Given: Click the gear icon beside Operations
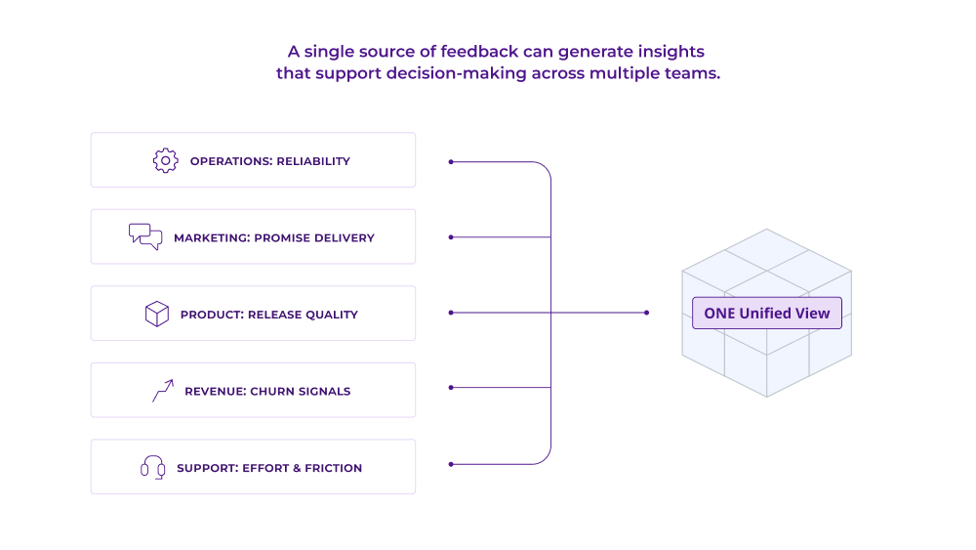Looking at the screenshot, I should click(x=165, y=160).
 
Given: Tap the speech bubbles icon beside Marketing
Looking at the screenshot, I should click(x=144, y=236).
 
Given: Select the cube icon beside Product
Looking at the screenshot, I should click(x=156, y=314).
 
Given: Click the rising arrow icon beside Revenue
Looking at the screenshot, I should click(x=162, y=391).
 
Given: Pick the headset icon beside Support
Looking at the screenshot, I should click(x=152, y=467).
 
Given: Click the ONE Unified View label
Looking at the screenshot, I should click(x=766, y=313).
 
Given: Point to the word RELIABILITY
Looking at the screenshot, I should click(x=312, y=161).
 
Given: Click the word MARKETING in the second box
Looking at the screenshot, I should click(x=209, y=237).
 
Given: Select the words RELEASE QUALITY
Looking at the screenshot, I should click(x=303, y=315).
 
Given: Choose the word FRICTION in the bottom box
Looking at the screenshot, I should click(x=333, y=468).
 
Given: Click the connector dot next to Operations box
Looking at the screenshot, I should click(x=450, y=161).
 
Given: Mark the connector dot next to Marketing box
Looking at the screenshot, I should click(x=450, y=236).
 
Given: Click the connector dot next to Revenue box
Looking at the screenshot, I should click(x=450, y=388).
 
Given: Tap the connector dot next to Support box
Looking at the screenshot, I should click(x=450, y=463).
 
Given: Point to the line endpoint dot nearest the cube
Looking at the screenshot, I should click(x=646, y=313).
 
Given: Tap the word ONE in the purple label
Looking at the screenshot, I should click(x=719, y=313).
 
